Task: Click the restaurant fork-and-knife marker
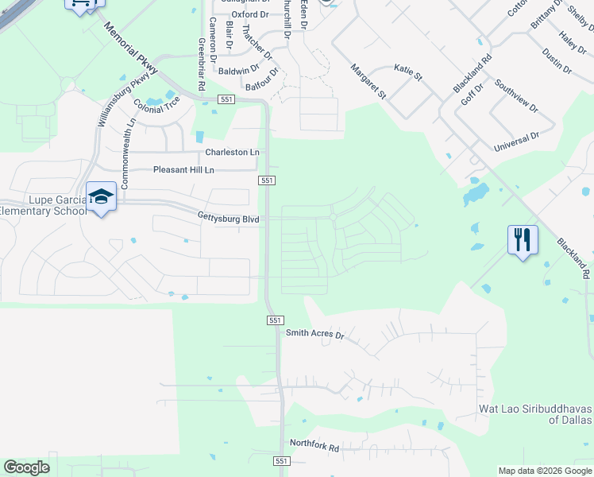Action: point(523,239)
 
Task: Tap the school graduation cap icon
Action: point(102,197)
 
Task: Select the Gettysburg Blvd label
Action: point(229,217)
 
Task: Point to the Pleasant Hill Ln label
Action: point(183,170)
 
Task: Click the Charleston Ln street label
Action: point(232,152)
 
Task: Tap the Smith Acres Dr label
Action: point(314,335)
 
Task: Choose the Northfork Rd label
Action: point(314,448)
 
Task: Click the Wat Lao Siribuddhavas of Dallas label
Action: point(536,413)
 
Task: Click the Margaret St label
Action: point(368,82)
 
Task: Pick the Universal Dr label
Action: point(516,142)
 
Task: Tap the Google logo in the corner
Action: point(26,467)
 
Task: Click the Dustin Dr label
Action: point(556,60)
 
